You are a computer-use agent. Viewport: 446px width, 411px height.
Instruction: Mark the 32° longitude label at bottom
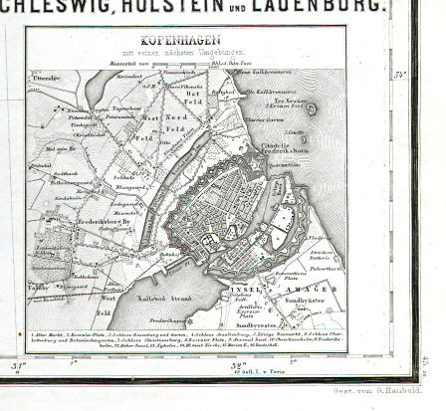237,365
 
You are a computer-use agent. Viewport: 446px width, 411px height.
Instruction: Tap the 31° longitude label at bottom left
17,366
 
